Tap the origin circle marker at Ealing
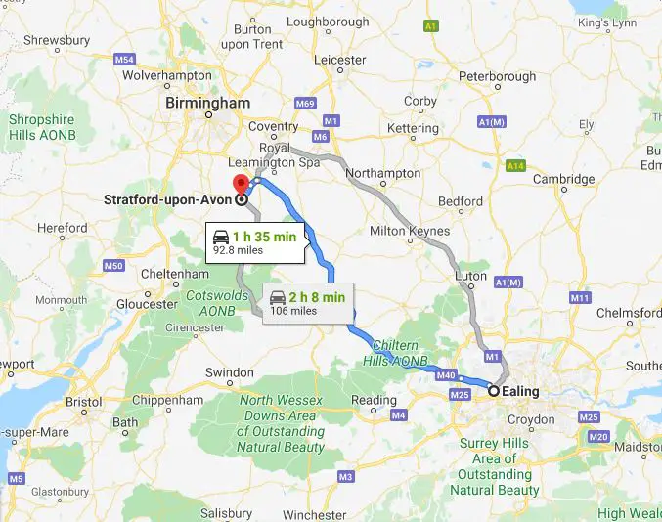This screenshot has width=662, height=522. click(495, 391)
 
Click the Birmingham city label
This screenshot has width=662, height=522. click(207, 103)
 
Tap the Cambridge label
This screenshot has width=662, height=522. click(564, 179)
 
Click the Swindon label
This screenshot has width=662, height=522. click(230, 372)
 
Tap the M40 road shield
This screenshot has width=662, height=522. click(447, 374)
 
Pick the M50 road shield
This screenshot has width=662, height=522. click(113, 265)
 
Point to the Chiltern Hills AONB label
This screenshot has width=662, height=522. click(397, 353)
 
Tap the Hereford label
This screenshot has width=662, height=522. click(63, 228)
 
